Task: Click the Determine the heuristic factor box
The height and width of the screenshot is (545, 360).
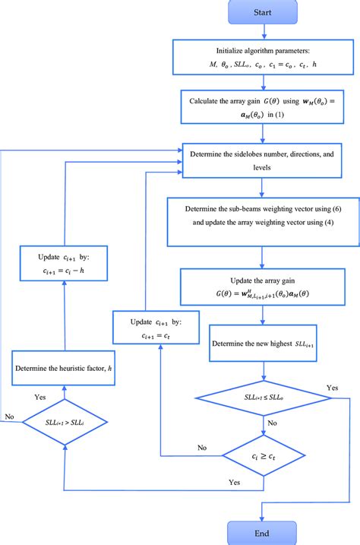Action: [x=65, y=369]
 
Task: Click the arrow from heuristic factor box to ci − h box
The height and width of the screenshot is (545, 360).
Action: [x=65, y=318]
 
